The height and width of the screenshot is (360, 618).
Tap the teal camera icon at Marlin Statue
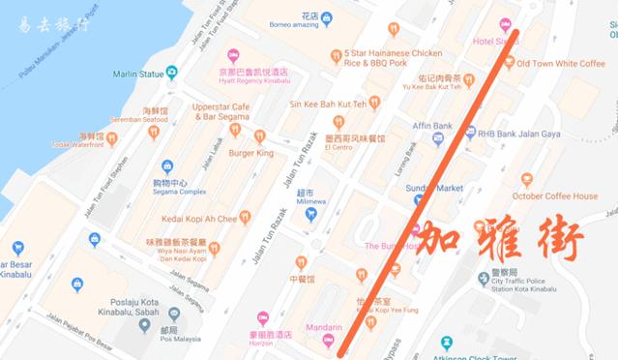pyautogui.click(x=171, y=72)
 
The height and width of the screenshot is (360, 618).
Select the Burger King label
pyautogui.click(x=250, y=153)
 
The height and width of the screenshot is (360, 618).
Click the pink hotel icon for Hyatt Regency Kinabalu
pyautogui.click(x=231, y=56)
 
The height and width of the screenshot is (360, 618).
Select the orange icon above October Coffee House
pyautogui.click(x=526, y=178)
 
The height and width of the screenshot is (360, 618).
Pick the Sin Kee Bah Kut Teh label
pyautogui.click(x=326, y=104)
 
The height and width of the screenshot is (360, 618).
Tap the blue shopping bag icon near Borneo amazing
pyautogui.click(x=326, y=17)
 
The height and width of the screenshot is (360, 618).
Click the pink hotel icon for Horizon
pyautogui.click(x=263, y=318)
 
